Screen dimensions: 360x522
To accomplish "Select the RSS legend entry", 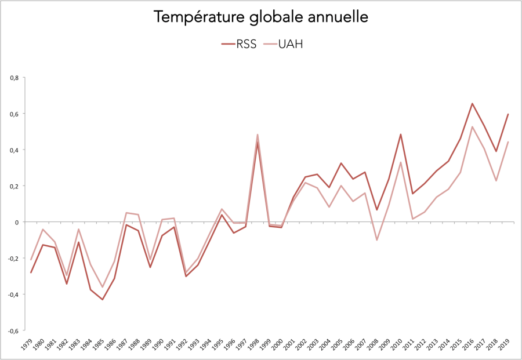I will click(x=238, y=44).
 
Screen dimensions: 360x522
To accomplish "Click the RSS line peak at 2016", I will click(x=472, y=104).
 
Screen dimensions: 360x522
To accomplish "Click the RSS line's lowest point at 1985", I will click(x=103, y=300).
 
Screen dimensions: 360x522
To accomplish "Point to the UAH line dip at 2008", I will click(x=376, y=240).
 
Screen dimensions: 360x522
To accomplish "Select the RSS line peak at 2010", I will click(x=401, y=134).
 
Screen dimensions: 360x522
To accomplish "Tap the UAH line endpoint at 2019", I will click(x=508, y=142).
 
